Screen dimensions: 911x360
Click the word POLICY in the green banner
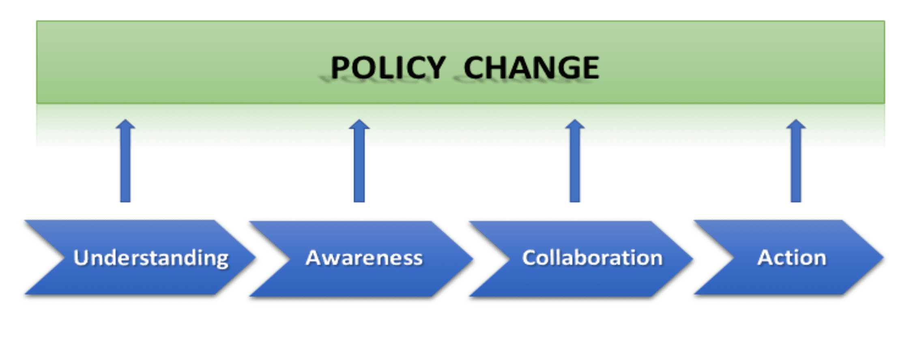coord(388,67)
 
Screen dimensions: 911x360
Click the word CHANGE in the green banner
coord(531,67)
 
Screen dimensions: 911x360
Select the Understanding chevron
coord(140,257)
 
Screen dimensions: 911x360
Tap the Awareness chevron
coord(361,259)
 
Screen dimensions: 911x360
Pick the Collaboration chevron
coord(581,259)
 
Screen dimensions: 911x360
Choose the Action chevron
coord(789,257)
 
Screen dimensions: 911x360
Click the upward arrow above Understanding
coord(125,161)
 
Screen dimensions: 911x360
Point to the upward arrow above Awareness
coord(359,161)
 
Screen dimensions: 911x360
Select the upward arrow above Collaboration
coord(575,161)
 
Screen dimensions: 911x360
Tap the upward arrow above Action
coord(796,161)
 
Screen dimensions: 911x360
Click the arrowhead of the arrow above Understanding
coord(125,124)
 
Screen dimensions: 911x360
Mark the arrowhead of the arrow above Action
coord(796,124)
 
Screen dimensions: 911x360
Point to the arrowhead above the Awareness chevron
coord(359,124)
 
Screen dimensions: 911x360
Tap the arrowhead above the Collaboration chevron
coord(575,124)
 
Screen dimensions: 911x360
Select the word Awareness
coord(364,258)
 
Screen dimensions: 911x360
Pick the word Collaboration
coord(593,257)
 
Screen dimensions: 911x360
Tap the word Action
coord(792,257)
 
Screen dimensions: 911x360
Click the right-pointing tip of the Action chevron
coord(883,257)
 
